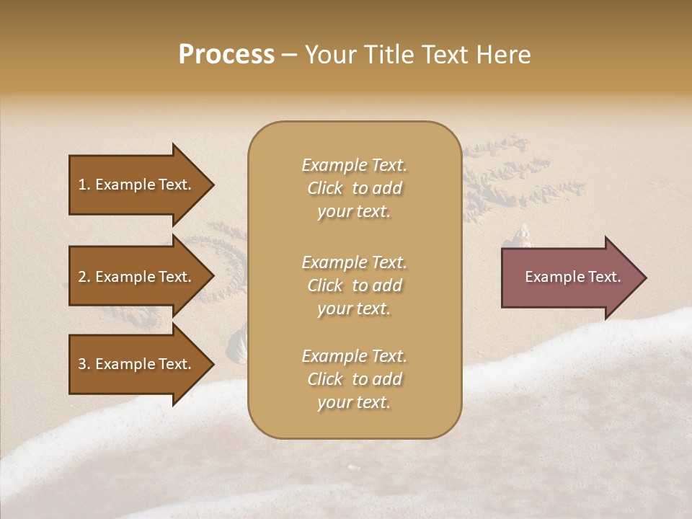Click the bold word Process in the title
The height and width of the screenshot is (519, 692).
(x=226, y=55)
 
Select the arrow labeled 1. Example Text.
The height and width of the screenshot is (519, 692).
(x=136, y=185)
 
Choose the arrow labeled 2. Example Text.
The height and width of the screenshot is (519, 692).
(x=136, y=277)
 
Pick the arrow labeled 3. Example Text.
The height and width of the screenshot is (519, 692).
(x=136, y=365)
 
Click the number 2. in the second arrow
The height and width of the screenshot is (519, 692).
(x=84, y=277)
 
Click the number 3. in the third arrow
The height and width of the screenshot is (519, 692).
(x=84, y=365)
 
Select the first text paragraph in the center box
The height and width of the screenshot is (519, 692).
(x=354, y=188)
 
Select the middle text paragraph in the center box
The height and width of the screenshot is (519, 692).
(x=354, y=285)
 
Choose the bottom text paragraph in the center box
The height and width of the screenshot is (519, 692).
(x=354, y=379)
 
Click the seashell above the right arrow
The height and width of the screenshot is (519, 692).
(x=525, y=236)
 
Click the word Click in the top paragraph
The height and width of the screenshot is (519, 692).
(x=325, y=189)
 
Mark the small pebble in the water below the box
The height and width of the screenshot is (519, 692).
(x=352, y=468)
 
